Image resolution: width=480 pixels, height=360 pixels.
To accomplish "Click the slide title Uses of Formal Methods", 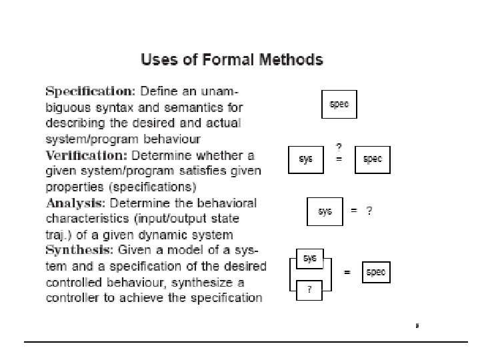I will click(x=231, y=60).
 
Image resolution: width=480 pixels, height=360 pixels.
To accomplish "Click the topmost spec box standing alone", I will click(x=339, y=105).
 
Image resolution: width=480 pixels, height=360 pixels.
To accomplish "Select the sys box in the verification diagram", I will click(x=306, y=159).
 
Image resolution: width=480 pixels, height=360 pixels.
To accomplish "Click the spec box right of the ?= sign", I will click(x=372, y=159).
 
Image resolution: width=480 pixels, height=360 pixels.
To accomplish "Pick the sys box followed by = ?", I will click(x=325, y=211).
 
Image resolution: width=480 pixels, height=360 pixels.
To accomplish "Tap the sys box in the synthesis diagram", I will click(x=310, y=257).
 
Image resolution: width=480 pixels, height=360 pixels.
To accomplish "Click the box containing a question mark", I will click(x=310, y=289).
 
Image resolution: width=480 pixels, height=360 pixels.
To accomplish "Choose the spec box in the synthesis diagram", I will click(x=375, y=273).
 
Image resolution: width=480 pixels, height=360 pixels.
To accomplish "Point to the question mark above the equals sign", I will click(x=339, y=147).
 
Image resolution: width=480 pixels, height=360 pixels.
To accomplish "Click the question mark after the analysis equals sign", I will click(x=369, y=211).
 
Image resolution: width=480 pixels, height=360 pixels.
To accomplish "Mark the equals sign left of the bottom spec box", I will click(x=347, y=273).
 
